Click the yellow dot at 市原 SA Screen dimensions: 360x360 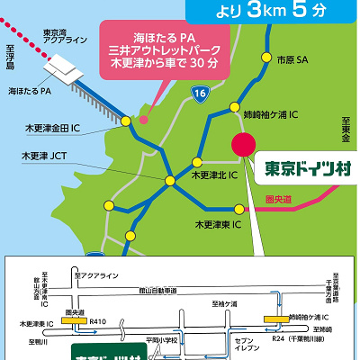[266, 60]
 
